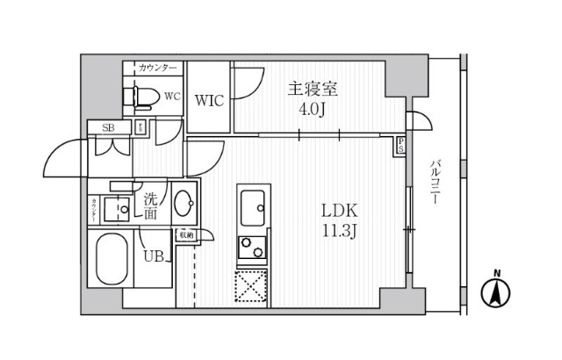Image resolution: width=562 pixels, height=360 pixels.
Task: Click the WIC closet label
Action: click(x=210, y=100)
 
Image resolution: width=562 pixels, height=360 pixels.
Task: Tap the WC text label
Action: click(x=172, y=97)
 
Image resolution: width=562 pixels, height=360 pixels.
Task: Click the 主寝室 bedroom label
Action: click(x=313, y=90)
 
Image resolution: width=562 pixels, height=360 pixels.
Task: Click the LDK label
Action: click(x=338, y=212)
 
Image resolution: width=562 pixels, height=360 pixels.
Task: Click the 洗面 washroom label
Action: click(x=151, y=205)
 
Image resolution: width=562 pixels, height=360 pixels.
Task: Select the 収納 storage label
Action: click(x=186, y=234)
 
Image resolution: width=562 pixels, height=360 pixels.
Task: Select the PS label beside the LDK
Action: click(x=401, y=146)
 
